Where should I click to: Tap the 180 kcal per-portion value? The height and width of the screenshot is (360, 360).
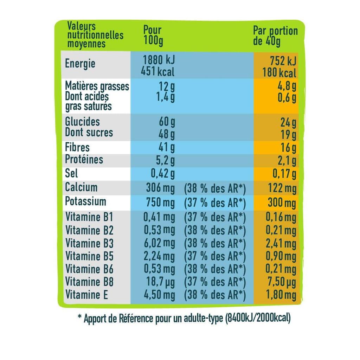pyautogui.click(x=279, y=73)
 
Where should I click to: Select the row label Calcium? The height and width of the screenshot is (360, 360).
pyautogui.click(x=81, y=187)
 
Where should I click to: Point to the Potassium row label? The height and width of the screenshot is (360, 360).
pyautogui.click(x=85, y=201)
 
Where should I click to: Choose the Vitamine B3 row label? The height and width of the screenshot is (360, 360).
pyautogui.click(x=89, y=243)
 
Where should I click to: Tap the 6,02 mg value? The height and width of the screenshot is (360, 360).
pyautogui.click(x=159, y=243)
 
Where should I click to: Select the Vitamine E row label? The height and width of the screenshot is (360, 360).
pyautogui.click(x=86, y=295)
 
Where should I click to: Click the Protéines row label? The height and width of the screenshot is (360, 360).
pyautogui.click(x=84, y=159)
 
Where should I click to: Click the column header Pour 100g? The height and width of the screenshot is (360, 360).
pyautogui.click(x=153, y=36)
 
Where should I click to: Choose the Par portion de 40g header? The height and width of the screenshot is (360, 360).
pyautogui.click(x=275, y=36)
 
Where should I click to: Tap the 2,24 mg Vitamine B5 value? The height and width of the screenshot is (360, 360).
pyautogui.click(x=159, y=256)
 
